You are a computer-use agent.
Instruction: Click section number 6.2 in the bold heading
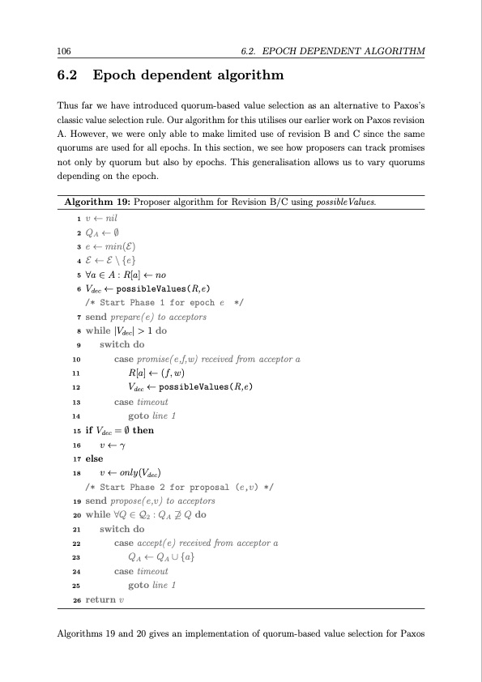click(68, 77)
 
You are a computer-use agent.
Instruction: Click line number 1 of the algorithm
click(76, 218)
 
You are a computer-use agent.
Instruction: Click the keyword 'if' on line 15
click(89, 430)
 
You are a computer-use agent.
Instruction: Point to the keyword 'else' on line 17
click(95, 458)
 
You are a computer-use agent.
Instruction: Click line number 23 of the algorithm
click(75, 557)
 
